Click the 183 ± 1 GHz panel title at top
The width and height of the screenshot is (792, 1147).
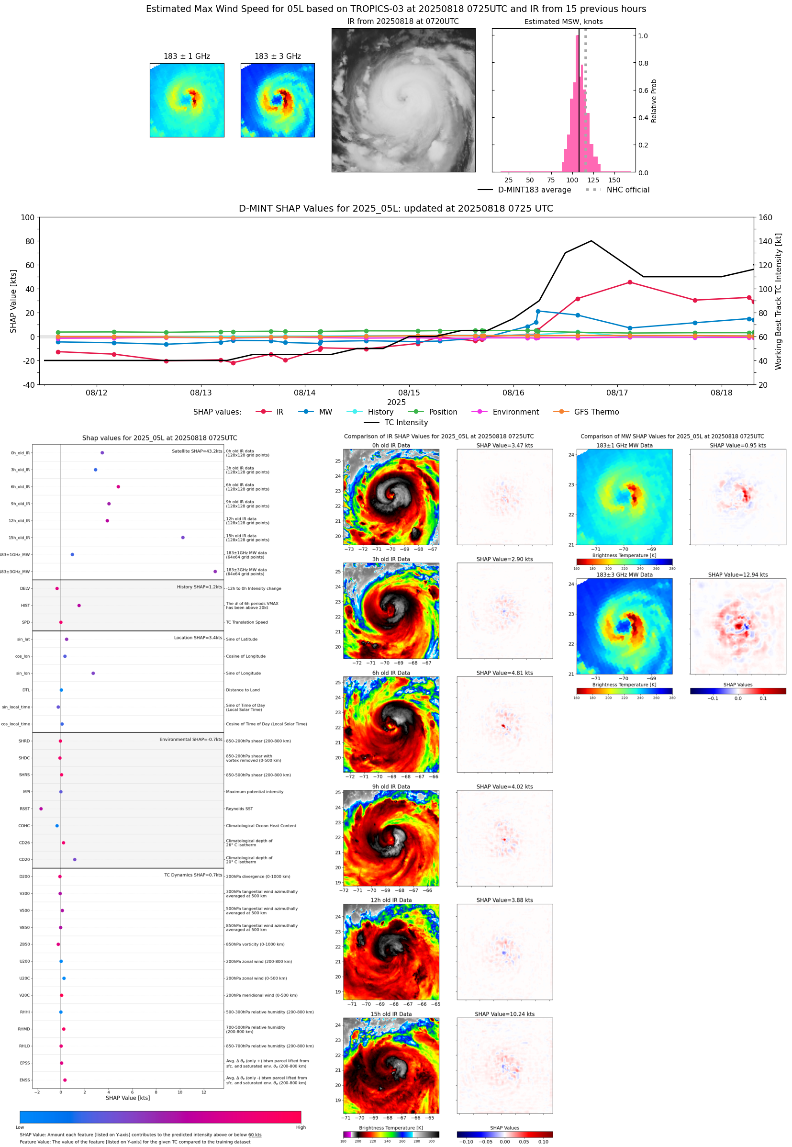187,56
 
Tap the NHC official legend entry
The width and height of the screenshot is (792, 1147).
627,190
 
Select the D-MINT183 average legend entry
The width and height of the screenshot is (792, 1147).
534,190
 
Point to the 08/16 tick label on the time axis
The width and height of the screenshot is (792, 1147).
513,393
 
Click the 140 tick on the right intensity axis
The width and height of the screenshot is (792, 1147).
765,241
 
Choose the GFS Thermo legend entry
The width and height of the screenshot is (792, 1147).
596,412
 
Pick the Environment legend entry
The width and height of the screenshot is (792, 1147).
515,412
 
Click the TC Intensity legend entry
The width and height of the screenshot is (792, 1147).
405,422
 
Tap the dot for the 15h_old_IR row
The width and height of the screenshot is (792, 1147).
183,538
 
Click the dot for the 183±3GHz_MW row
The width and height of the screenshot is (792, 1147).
215,571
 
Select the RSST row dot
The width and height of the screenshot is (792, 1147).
41,809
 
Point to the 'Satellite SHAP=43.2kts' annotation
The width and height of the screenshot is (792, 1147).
197,451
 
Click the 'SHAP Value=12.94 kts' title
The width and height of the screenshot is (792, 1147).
737,575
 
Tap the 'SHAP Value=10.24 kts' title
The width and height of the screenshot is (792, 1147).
504,1014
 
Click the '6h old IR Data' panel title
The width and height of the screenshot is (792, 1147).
391,673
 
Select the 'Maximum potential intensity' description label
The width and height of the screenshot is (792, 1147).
255,792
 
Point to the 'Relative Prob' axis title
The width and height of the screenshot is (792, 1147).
654,101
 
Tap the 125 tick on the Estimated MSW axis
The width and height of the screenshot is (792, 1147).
593,180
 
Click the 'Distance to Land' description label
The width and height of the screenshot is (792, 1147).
243,690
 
